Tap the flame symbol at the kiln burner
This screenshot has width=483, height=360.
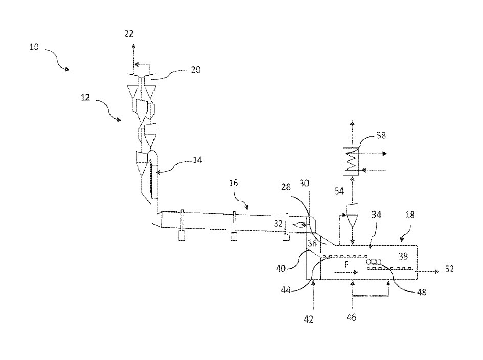[x=298, y=224]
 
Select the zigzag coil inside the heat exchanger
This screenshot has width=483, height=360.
[x=351, y=162]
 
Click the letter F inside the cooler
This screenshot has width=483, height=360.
[x=346, y=265]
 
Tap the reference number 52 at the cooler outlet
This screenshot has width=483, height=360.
[x=448, y=269]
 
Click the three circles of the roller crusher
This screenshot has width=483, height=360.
[x=374, y=261]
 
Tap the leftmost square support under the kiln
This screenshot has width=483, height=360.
[x=182, y=236]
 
